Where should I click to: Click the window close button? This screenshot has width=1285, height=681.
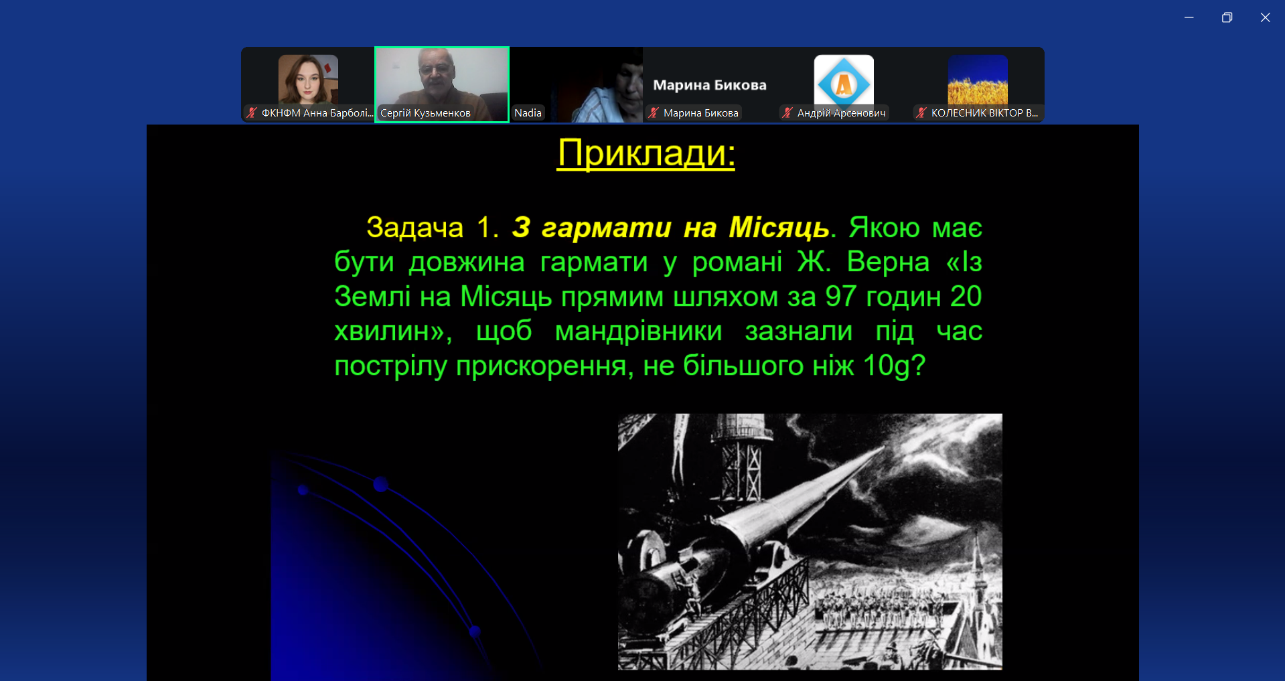pos(1265,17)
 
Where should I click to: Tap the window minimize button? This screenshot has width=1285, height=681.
pos(1189,17)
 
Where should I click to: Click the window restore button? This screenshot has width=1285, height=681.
pos(1227,17)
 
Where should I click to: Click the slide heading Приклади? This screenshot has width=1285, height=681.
pos(646,153)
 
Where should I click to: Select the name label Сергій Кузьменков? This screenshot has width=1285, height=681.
pos(425,113)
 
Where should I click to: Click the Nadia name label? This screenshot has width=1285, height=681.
pos(528,113)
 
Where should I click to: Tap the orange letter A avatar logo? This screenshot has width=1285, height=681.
pos(844,83)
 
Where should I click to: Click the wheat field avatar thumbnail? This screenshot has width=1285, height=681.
pos(978,80)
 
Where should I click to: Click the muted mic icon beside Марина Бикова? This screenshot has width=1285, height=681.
pos(654,113)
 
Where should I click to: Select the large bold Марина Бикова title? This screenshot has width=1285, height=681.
pos(710,85)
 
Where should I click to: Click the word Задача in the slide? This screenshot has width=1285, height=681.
pos(414,228)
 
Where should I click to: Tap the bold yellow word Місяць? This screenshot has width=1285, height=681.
pos(779,228)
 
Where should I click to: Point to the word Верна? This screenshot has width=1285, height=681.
pos(888,262)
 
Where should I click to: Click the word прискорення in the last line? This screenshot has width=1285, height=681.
pos(541,366)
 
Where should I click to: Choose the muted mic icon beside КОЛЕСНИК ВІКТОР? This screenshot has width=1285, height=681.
pos(921,113)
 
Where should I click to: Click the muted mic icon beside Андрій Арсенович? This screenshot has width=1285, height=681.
pos(787,113)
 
